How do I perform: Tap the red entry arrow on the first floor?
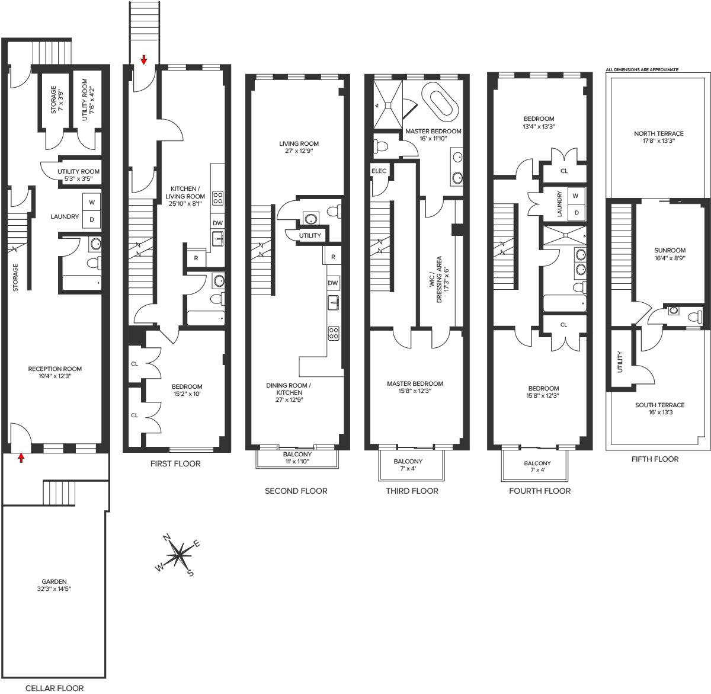[x=144, y=60]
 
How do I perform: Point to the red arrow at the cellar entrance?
[x=21, y=458]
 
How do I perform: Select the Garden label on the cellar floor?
[x=54, y=585]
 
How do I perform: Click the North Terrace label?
[x=658, y=137]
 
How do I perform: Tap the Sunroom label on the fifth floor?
[x=670, y=254]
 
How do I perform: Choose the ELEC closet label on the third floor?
[x=379, y=171]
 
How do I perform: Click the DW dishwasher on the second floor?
[x=333, y=283]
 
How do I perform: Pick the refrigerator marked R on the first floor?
[x=196, y=258]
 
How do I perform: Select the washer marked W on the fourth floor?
[x=575, y=196]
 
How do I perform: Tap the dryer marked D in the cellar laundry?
[x=92, y=219]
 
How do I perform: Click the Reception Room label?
[x=55, y=372]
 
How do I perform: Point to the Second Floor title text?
[x=296, y=491]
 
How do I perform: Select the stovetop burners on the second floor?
[x=333, y=333]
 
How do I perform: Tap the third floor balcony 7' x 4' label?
[x=408, y=465]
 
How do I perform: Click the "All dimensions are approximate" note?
[x=642, y=69]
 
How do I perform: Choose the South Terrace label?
[x=660, y=408]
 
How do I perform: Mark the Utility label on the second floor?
[x=310, y=235]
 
